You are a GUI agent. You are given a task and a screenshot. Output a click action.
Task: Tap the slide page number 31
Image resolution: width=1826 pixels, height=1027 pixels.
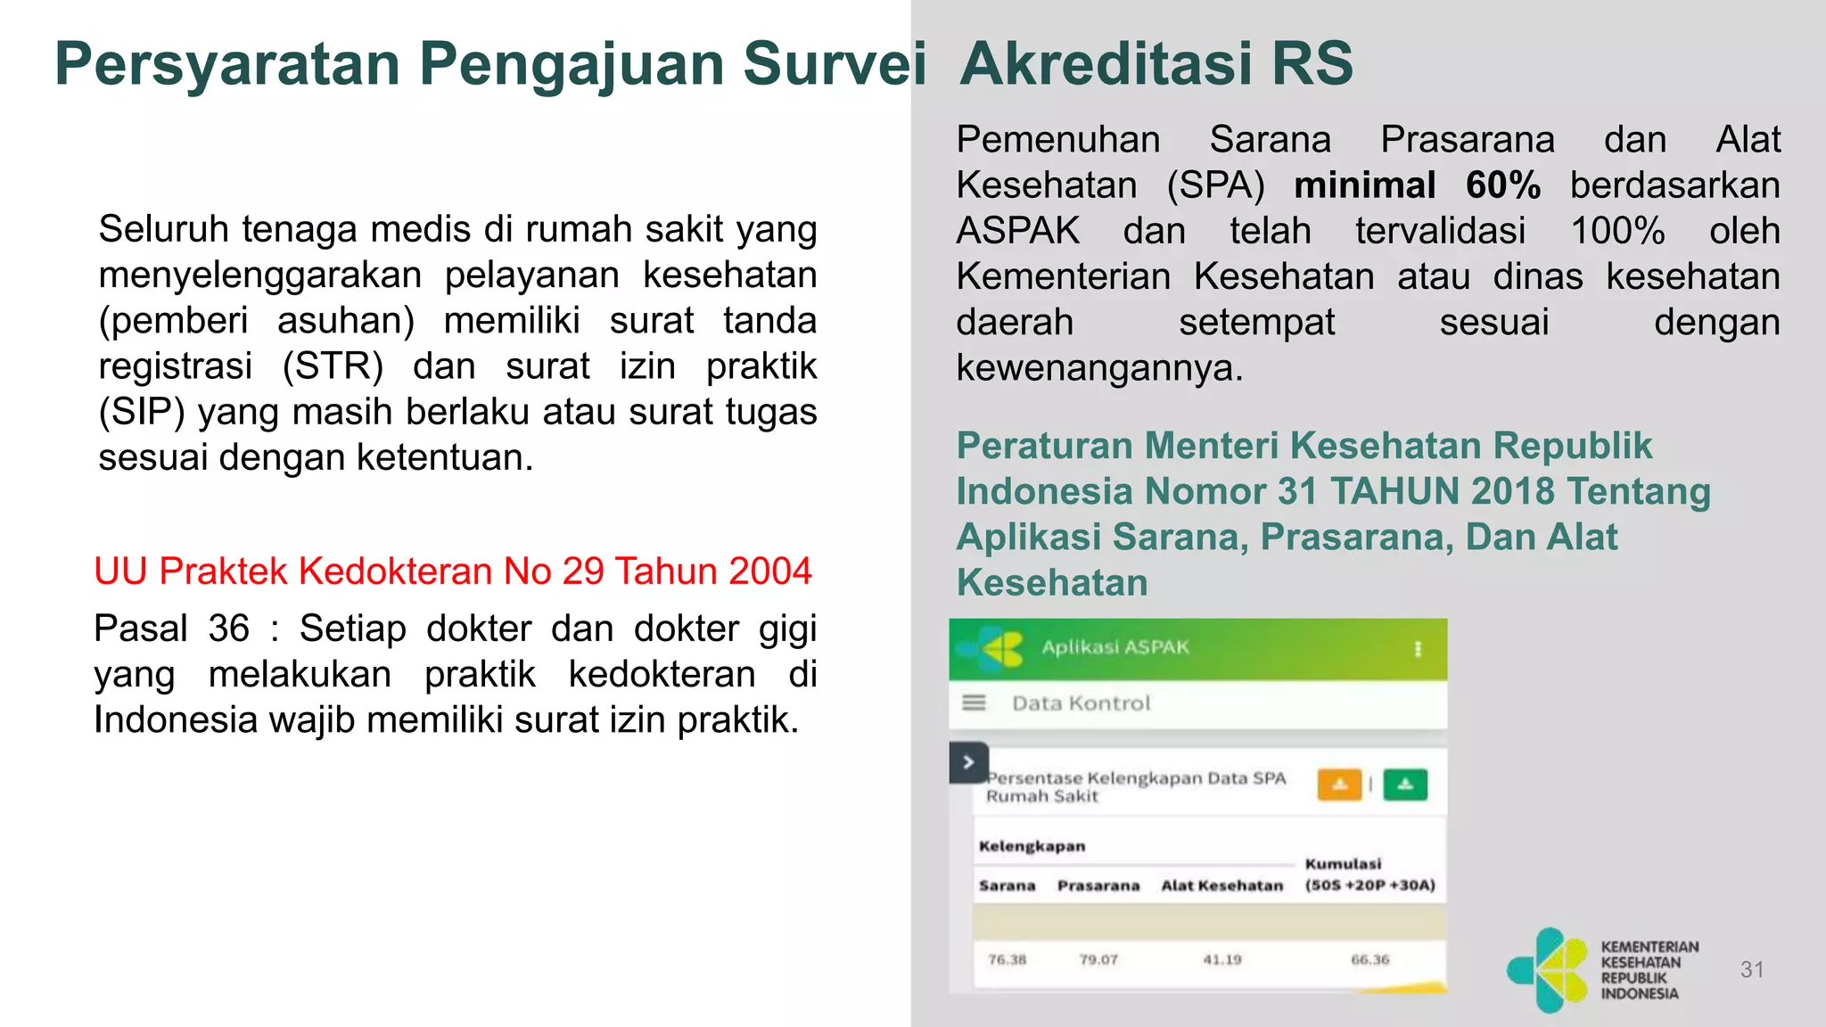coord(1752,970)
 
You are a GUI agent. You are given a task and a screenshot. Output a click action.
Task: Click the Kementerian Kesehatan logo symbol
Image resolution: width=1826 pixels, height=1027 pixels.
coord(1548,970)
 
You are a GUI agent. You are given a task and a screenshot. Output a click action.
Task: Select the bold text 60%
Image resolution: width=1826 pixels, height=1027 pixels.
coord(1502,185)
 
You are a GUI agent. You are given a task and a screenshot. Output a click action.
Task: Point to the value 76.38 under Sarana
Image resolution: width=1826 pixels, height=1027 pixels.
coord(1007,960)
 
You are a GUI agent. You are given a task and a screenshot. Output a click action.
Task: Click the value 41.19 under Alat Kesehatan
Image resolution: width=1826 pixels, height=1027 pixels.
coord(1221,960)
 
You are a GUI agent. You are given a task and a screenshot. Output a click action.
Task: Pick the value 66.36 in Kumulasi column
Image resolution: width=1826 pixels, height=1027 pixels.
coord(1369,960)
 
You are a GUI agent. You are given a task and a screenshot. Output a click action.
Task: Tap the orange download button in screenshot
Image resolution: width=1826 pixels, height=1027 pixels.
coord(1339,785)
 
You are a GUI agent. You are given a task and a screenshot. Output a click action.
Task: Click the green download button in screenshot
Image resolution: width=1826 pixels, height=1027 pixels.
coord(1405,785)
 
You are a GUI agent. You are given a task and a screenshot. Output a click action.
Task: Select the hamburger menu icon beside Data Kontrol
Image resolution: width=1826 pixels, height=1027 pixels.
coord(974,703)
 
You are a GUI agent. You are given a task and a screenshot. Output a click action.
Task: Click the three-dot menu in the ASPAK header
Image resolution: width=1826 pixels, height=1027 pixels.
coord(1418,649)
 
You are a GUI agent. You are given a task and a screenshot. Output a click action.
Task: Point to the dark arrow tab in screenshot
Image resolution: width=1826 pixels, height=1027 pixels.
coord(968,763)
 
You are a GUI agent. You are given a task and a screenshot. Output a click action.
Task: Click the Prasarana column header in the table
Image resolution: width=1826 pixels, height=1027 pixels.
coord(1098,886)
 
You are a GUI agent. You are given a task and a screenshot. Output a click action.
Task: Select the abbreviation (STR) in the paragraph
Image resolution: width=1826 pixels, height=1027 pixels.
coord(333,366)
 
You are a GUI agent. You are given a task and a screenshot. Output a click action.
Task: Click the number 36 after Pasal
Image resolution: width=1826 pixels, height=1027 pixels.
coord(229,629)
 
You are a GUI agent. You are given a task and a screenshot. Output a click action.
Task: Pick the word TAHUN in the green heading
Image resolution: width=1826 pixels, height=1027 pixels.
coord(1393,491)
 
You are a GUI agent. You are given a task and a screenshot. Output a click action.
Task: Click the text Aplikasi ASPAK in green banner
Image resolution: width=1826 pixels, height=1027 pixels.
coord(1115,647)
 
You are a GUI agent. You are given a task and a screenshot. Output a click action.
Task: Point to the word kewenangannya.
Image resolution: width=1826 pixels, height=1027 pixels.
coord(1098,368)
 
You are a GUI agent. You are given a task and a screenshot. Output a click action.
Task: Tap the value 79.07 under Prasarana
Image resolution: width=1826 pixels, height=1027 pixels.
coord(1098,960)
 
